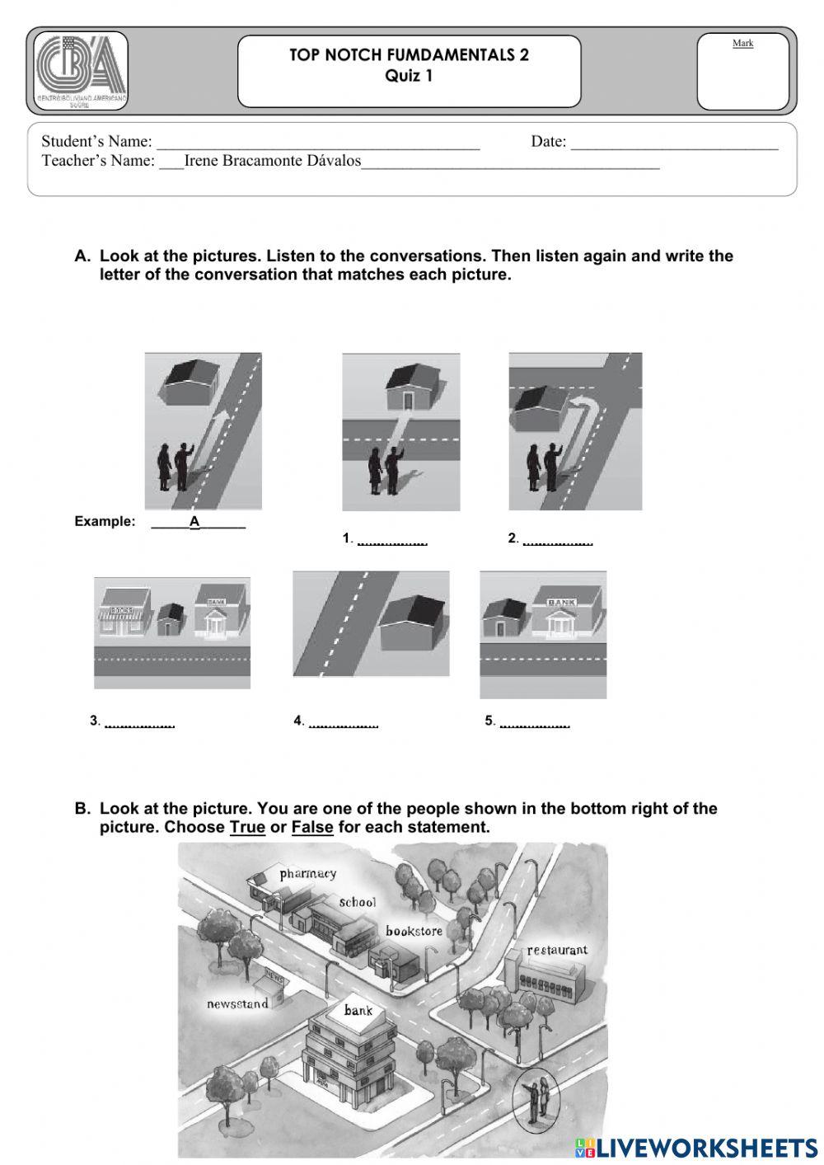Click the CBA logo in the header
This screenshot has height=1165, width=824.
[81, 71]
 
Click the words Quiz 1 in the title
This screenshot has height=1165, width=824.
[409, 77]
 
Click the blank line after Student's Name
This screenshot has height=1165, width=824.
[318, 143]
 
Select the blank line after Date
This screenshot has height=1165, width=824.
[674, 143]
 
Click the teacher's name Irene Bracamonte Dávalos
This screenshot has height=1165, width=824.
[272, 161]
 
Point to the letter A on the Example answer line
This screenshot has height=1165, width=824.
[195, 521]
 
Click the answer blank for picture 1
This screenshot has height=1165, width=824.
[392, 540]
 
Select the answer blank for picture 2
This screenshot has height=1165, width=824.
[558, 540]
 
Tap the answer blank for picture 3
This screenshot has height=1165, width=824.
[140, 722]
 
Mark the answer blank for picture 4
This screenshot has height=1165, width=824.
[343, 722]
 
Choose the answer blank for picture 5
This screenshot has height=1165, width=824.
[534, 722]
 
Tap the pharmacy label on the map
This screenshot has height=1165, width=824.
[307, 873]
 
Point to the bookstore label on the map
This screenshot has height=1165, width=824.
[414, 931]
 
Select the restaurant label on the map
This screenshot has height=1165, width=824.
[557, 950]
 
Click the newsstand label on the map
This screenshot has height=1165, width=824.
[237, 1003]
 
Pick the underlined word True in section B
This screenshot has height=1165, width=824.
[247, 827]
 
